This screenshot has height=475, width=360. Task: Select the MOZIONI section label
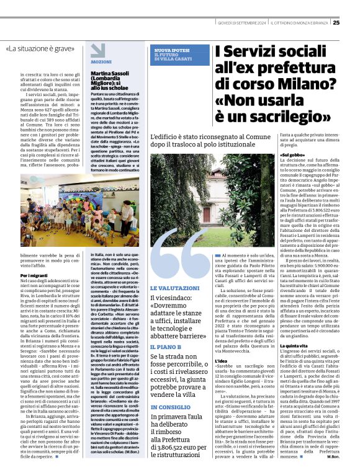click(101, 63)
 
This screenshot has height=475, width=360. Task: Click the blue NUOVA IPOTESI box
click(176, 55)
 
